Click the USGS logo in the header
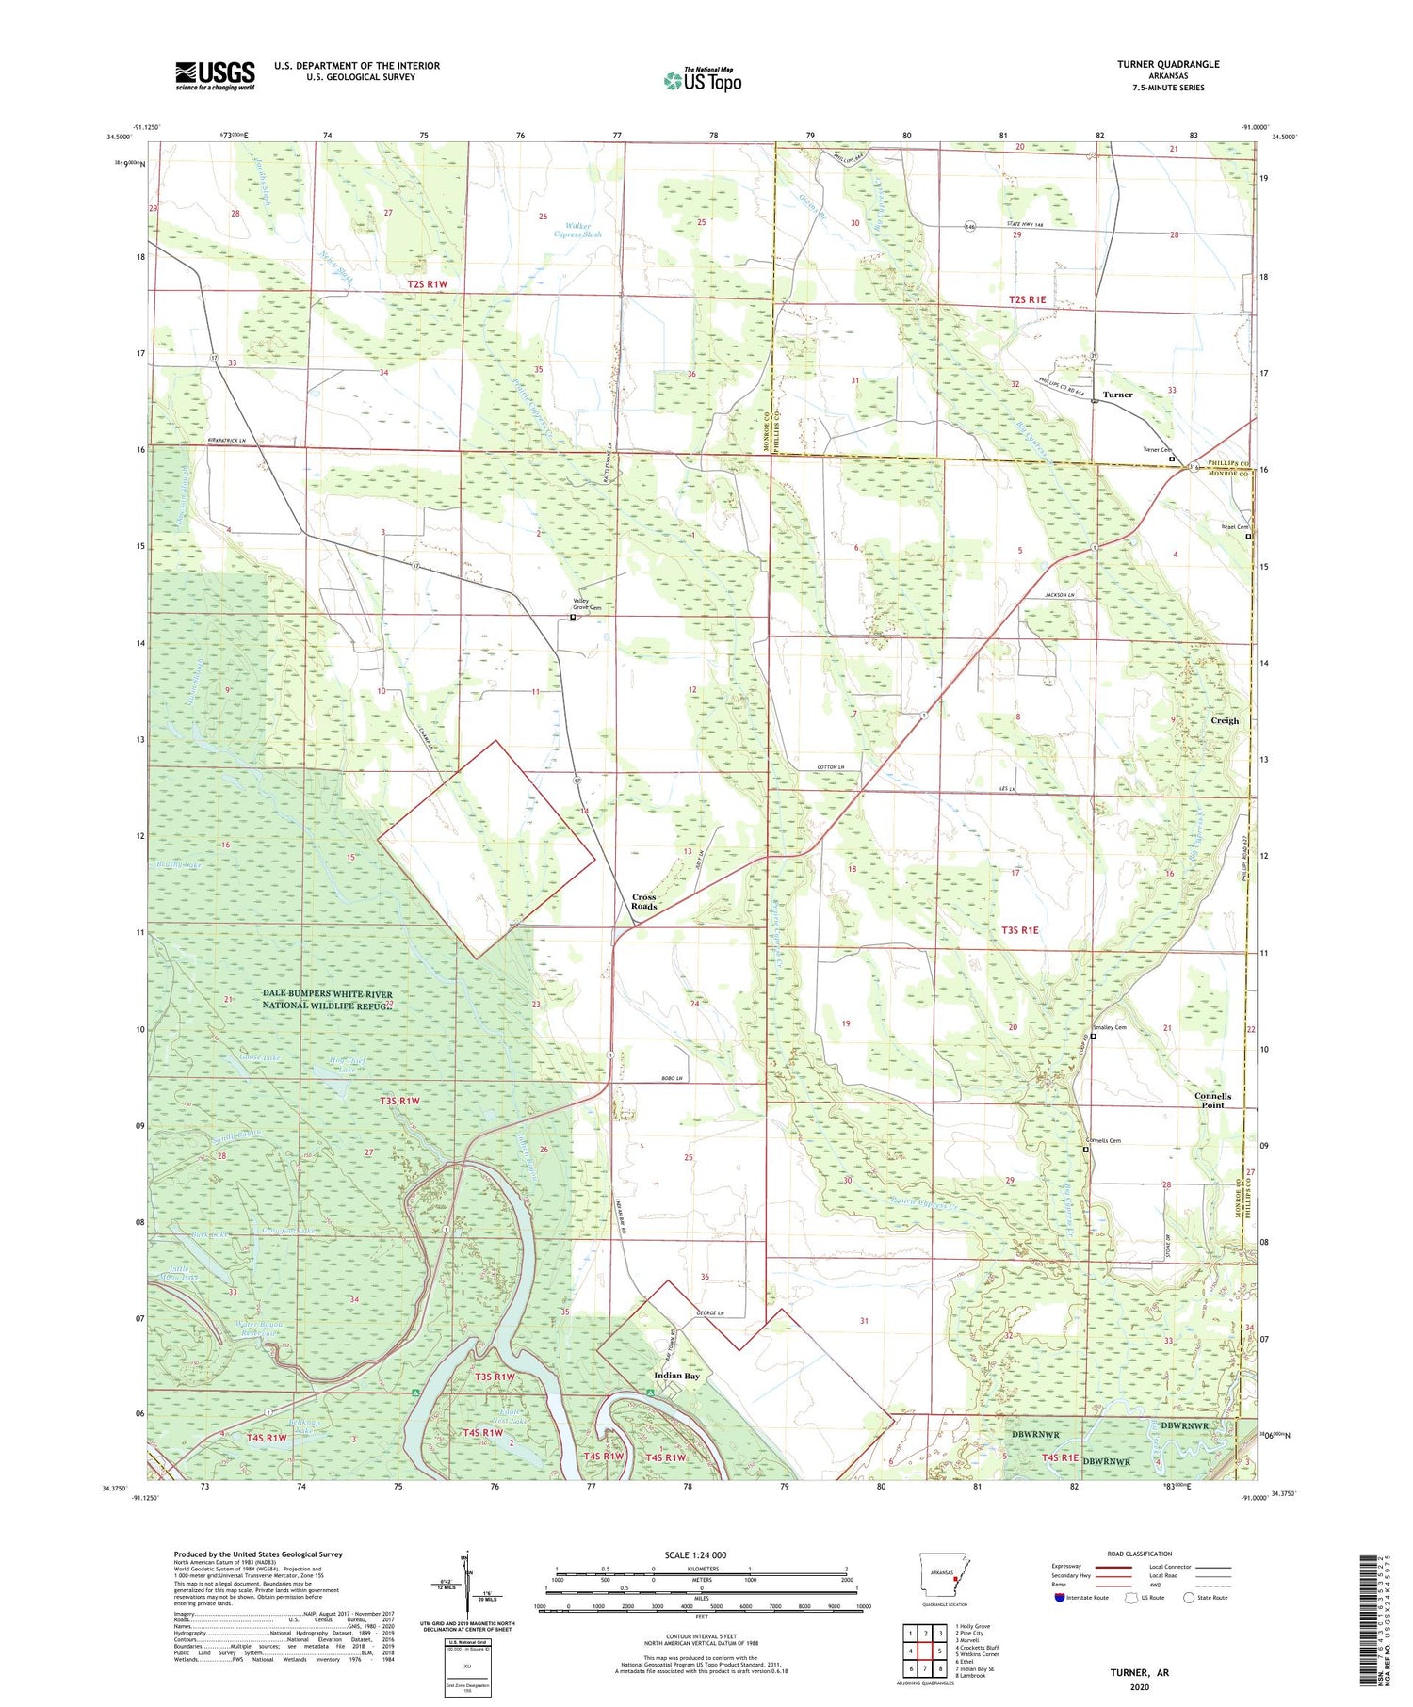click(x=215, y=75)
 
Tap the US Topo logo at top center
click(x=702, y=80)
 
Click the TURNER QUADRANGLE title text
click(x=1167, y=64)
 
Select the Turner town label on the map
click(x=1117, y=395)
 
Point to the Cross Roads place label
click(x=644, y=901)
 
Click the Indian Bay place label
click(x=677, y=1376)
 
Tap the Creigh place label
click(x=1225, y=720)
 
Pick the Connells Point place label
click(x=1212, y=1101)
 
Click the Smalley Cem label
click(x=1109, y=1027)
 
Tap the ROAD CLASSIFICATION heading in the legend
click(x=1140, y=1554)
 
